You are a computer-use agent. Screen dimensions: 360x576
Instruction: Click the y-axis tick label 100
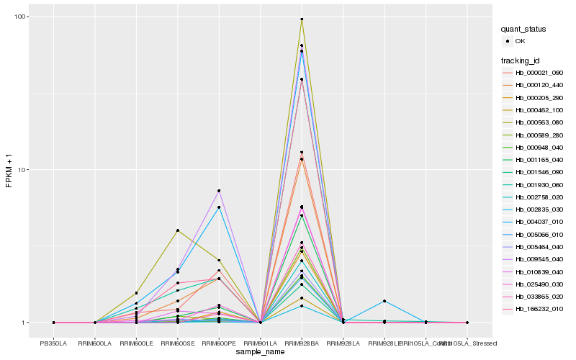19,17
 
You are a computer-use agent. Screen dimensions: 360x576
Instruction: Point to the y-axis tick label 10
21,170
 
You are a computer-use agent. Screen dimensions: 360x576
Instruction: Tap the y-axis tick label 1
23,323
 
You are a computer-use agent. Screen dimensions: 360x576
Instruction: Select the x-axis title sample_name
260,352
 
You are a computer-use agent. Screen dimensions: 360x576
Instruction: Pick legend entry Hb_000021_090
539,73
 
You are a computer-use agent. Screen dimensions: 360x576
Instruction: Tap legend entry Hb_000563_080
539,122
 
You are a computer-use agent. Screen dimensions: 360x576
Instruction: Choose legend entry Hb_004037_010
539,222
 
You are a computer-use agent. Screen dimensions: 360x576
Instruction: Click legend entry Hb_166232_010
539,308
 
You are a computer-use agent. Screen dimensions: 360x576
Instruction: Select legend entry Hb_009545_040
539,258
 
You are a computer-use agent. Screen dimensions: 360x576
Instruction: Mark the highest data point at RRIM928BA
302,19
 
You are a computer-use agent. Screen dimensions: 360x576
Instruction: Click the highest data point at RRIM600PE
219,191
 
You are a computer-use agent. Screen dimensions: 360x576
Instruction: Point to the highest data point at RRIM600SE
178,230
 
